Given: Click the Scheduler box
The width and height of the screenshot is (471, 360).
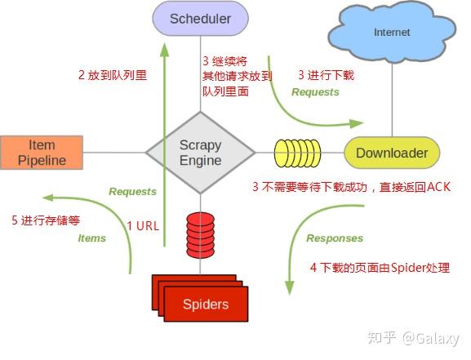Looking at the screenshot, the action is tap(200, 19).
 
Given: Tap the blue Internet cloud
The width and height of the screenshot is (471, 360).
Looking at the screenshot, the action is tap(392, 33).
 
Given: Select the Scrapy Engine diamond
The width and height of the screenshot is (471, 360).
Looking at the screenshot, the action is tap(200, 153).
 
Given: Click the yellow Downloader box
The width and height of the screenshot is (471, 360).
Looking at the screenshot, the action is tap(392, 153).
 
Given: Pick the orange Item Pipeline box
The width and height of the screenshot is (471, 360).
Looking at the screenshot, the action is tap(42, 153).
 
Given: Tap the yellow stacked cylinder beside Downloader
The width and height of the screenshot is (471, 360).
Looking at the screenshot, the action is tap(297, 153).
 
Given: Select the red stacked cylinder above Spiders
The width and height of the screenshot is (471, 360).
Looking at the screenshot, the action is tap(200, 235).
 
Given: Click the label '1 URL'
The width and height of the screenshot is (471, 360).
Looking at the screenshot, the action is tap(143, 226).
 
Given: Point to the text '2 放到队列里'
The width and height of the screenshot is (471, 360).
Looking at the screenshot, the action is tap(113, 75).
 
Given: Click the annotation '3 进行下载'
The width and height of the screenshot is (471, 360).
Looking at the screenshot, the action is tap(327, 75).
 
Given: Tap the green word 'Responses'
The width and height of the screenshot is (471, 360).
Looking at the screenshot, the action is tap(335, 238).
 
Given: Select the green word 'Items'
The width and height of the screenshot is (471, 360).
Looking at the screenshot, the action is tap(92, 238).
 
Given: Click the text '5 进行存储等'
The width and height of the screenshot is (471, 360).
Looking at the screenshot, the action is tap(46, 220).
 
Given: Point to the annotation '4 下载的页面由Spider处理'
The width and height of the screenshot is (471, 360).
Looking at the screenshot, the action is tap(380, 267).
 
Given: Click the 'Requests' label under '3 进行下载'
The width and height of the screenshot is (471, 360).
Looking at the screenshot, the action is tap(315, 92).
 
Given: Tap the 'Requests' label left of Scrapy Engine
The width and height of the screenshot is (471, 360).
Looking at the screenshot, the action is tap(132, 191).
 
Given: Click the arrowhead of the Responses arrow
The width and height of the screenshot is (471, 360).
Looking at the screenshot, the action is tap(289, 288).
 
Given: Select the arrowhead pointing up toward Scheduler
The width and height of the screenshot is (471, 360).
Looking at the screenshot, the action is tap(164, 50).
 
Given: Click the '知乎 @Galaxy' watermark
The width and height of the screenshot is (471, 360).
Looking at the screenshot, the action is tap(413, 338).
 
